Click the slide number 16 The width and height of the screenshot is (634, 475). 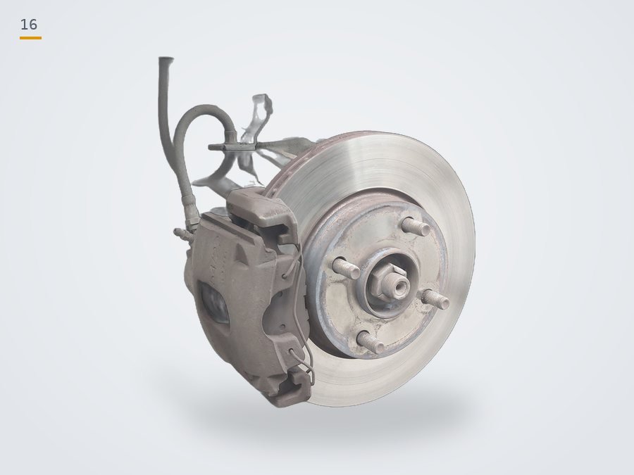tap(29, 25)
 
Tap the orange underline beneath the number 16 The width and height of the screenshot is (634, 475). tap(31, 38)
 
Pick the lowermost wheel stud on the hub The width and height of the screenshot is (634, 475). tap(371, 342)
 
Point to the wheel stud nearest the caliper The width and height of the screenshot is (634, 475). tap(346, 268)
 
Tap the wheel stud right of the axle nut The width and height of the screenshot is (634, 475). tap(435, 299)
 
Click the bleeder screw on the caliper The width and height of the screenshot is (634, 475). tap(183, 234)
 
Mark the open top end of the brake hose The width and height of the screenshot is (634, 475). tap(166, 61)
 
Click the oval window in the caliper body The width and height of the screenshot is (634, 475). tap(214, 303)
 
